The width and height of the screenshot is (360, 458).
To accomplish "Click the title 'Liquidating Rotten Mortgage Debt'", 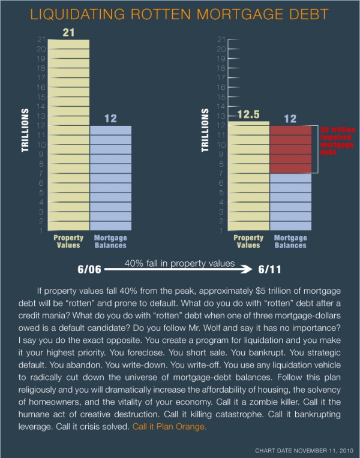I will point(179,13).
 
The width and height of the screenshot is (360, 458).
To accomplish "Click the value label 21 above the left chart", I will point(68,32).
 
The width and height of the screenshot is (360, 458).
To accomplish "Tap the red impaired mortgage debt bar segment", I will point(290,149).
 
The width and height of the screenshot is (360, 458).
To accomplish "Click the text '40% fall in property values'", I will point(179,263).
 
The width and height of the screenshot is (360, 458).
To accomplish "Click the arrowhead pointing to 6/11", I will point(250,269).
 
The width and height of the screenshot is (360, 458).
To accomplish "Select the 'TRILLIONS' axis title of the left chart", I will point(26,130).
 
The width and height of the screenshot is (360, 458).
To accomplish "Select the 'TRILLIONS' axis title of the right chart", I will point(206,130).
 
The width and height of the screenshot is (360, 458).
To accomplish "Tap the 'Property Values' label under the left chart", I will point(68,242).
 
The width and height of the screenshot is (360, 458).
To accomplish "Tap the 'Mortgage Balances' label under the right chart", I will point(290,242).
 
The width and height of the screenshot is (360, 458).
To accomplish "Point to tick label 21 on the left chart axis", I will point(41,39).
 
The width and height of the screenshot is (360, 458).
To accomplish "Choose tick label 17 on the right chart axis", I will point(221,77).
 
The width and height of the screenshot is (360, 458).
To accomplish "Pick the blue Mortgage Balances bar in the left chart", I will point(110,180).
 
